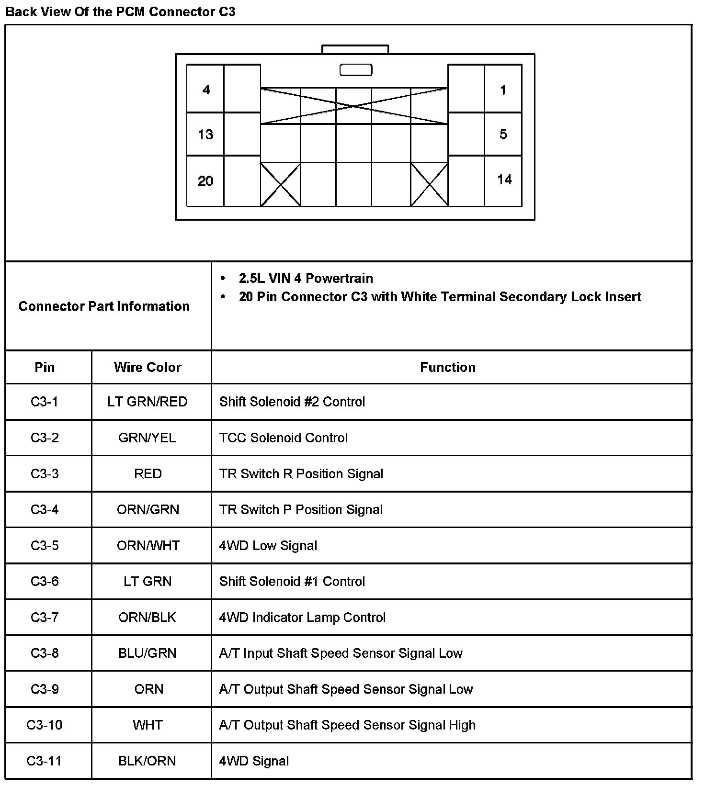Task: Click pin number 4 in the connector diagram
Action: (x=206, y=90)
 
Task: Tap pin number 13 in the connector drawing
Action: (x=205, y=135)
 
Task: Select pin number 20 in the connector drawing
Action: (x=205, y=181)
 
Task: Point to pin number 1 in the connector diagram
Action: (x=503, y=90)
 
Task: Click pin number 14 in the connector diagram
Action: (x=504, y=180)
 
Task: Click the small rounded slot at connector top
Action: (x=356, y=70)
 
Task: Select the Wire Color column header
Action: (x=148, y=367)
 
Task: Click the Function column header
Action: (x=448, y=367)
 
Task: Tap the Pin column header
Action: (x=45, y=367)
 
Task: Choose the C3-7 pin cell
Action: (x=45, y=618)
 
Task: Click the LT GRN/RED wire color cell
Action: (x=148, y=402)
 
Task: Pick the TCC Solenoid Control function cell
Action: (x=284, y=438)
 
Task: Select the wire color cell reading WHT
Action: (x=148, y=725)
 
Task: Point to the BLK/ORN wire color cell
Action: (x=148, y=761)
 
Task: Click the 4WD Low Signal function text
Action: (x=268, y=546)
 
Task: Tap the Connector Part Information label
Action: (x=104, y=306)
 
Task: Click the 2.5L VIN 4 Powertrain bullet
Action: (x=306, y=278)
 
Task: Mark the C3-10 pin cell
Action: (x=45, y=725)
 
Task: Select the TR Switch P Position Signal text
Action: (x=301, y=510)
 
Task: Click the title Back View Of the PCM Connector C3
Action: (x=120, y=11)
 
